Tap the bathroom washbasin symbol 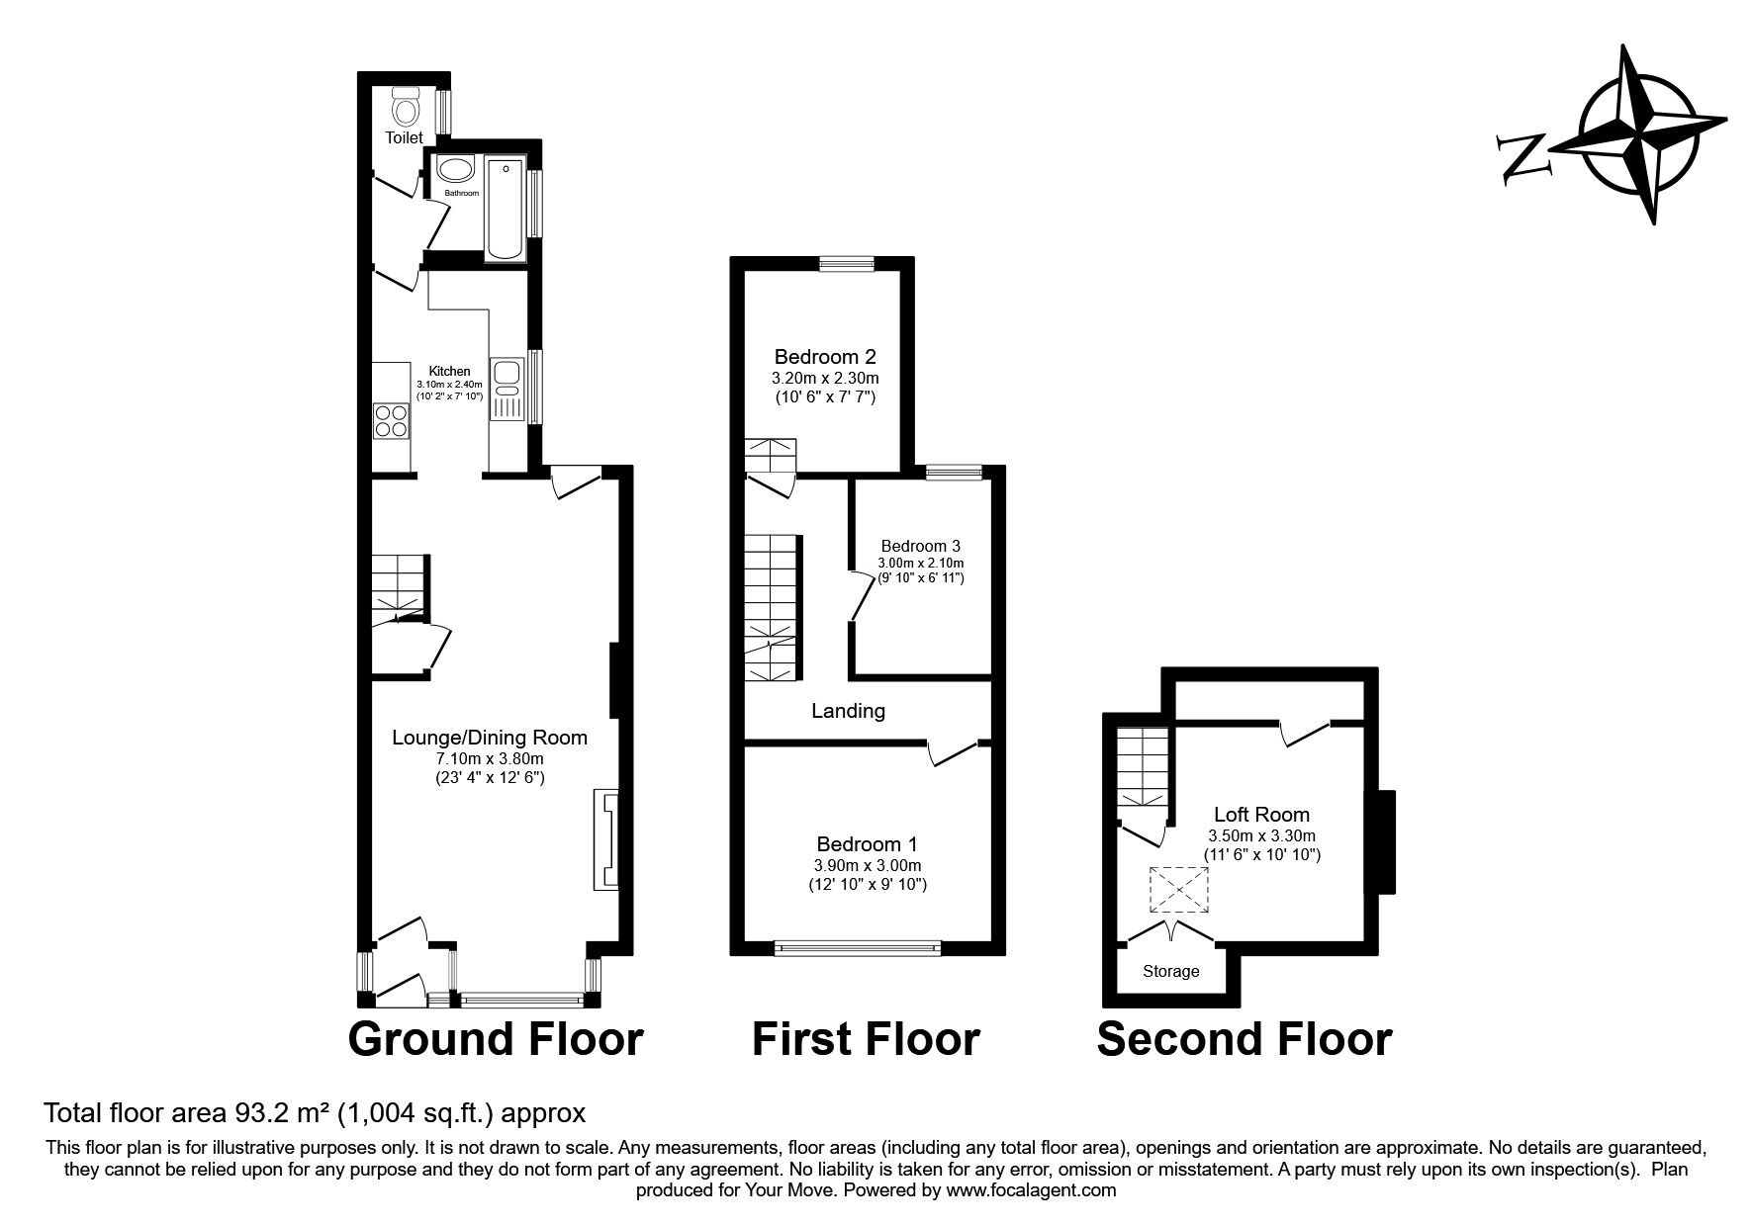(x=455, y=170)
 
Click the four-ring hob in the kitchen (x=391, y=422)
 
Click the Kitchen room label (x=448, y=372)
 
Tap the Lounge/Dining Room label (x=490, y=738)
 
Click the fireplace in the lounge (x=604, y=837)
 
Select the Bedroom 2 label (x=825, y=357)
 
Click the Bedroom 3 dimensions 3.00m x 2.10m (x=920, y=563)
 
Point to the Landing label (x=848, y=711)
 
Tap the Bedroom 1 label (x=867, y=845)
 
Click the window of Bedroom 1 (x=857, y=949)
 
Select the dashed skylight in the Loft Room (x=1178, y=889)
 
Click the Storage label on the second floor (x=1170, y=971)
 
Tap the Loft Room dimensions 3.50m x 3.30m (x=1261, y=835)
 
